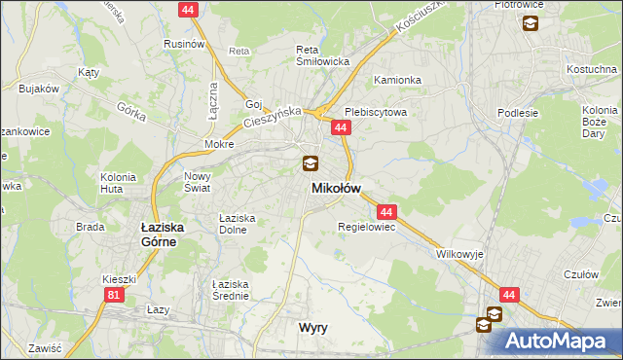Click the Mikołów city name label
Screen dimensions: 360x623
[x=336, y=188]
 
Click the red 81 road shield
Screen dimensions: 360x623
[x=115, y=294]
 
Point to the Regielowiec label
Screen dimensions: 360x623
[x=365, y=228]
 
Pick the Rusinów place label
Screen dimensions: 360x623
[x=184, y=44]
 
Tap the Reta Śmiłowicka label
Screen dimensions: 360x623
[x=322, y=54]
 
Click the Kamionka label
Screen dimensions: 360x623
[x=397, y=81]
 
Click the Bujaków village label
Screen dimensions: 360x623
[x=39, y=89]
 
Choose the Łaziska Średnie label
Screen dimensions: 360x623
[x=233, y=290]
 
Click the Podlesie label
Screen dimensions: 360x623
[x=518, y=112]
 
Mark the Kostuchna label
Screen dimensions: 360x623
[x=593, y=69]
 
